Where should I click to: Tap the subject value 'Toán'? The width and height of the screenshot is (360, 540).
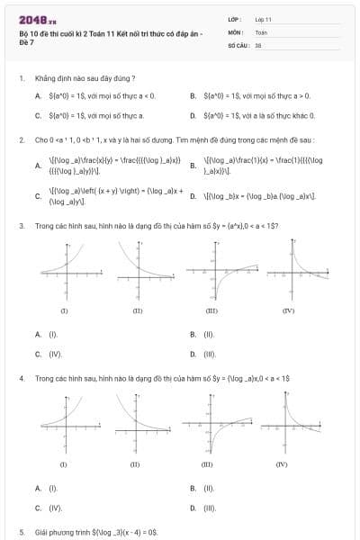pyautogui.click(x=261, y=31)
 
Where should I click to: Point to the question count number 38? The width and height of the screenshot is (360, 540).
pyautogui.click(x=258, y=44)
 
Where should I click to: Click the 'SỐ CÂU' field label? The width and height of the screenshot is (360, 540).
pyautogui.click(x=238, y=44)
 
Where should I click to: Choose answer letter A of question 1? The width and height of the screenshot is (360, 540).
pyautogui.click(x=38, y=94)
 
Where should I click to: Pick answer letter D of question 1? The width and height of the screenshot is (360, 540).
pyautogui.click(x=193, y=115)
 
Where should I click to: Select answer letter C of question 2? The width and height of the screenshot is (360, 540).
pyautogui.click(x=38, y=197)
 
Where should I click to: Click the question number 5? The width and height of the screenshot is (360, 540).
pyautogui.click(x=21, y=533)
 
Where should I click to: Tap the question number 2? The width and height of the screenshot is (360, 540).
pyautogui.click(x=21, y=141)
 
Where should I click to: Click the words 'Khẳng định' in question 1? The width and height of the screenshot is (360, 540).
pyautogui.click(x=50, y=79)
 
